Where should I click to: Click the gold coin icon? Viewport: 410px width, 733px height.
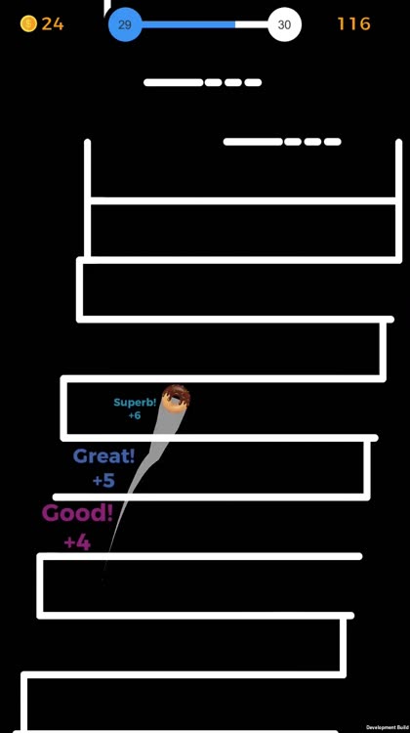pyautogui.click(x=28, y=23)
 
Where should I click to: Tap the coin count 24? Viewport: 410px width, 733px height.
pyautogui.click(x=53, y=23)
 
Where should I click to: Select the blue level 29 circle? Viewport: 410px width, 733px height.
pyautogui.click(x=125, y=24)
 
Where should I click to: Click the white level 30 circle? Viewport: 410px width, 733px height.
pyautogui.click(x=284, y=24)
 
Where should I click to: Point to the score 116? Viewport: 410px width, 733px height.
pyautogui.click(x=354, y=23)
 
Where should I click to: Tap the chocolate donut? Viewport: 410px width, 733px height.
pyautogui.click(x=176, y=400)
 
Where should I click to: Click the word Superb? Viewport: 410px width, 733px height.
pyautogui.click(x=135, y=403)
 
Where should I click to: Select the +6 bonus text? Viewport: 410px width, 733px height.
pyautogui.click(x=135, y=415)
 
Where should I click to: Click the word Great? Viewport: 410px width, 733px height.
pyautogui.click(x=103, y=456)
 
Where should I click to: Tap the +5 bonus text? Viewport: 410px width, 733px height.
pyautogui.click(x=103, y=481)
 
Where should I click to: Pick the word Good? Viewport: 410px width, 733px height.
pyautogui.click(x=77, y=513)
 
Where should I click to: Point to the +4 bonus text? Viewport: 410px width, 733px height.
pyautogui.click(x=77, y=542)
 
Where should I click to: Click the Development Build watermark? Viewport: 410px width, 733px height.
pyautogui.click(x=388, y=727)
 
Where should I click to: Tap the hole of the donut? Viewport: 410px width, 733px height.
pyautogui.click(x=176, y=399)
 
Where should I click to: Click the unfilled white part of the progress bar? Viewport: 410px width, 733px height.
pyautogui.click(x=252, y=24)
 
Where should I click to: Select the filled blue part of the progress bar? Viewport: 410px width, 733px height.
pyautogui.click(x=187, y=24)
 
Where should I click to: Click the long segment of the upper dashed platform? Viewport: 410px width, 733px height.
pyautogui.click(x=174, y=83)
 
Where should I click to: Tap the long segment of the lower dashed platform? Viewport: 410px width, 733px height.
pyautogui.click(x=254, y=142)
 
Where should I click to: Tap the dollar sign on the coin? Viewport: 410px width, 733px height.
pyautogui.click(x=28, y=23)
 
